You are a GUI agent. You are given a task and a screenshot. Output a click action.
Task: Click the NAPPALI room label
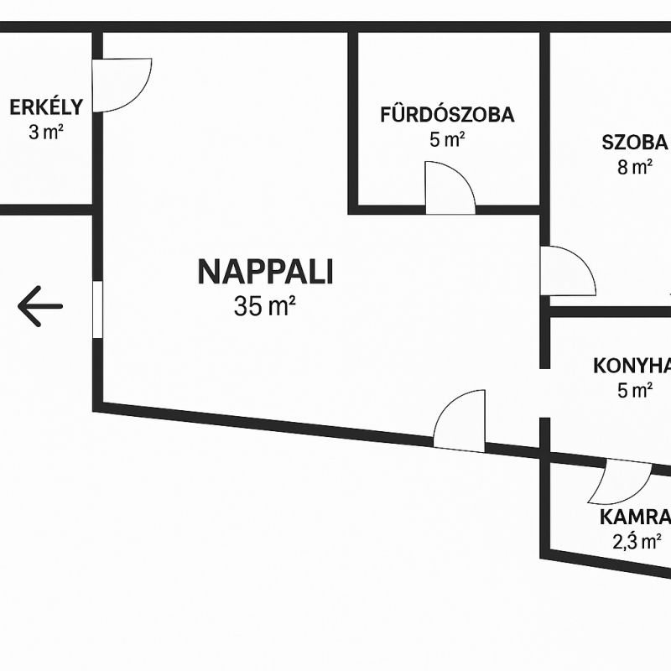265,272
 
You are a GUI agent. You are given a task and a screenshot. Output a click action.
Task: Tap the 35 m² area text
265,307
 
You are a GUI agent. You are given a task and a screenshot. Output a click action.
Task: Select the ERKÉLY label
46,107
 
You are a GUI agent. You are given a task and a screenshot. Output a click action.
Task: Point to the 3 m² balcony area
47,132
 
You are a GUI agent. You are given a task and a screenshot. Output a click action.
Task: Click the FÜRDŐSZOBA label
447,115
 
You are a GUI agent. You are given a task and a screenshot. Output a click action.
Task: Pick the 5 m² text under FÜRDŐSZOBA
447,140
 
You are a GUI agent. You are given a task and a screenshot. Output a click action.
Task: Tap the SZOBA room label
635,141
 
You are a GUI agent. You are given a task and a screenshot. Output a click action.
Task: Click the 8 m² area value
635,167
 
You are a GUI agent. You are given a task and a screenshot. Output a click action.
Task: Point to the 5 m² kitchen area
635,390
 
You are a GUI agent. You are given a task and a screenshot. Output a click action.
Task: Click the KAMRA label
635,516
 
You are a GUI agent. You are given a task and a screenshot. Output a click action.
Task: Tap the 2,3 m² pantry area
637,541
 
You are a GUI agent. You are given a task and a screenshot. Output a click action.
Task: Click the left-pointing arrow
40,305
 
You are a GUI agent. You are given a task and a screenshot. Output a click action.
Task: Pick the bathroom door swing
450,188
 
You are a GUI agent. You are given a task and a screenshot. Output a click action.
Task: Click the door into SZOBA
567,271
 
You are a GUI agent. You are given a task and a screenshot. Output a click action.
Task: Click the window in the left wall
97,309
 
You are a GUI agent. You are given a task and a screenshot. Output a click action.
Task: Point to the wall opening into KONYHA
544,393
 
